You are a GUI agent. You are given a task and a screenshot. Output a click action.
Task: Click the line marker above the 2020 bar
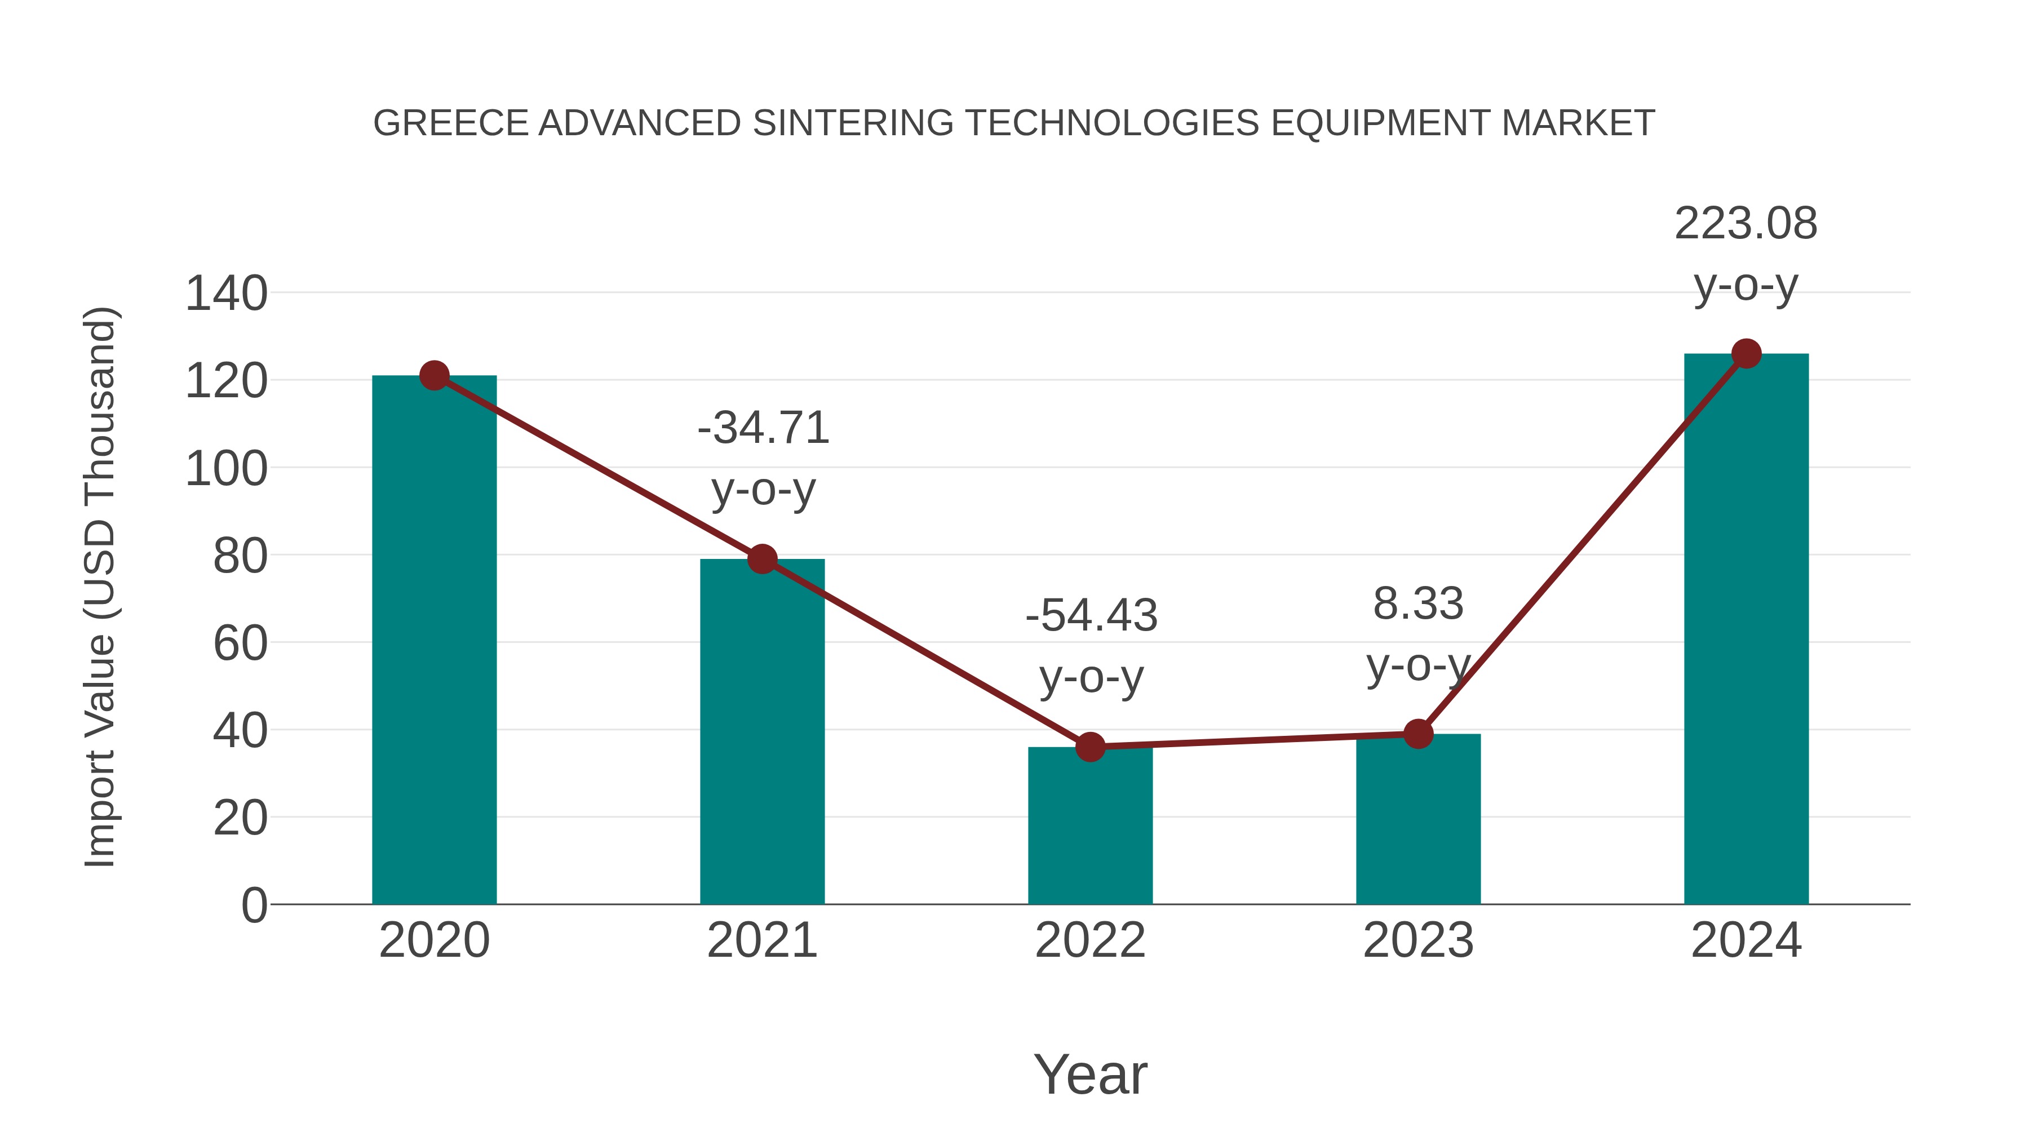pyautogui.click(x=434, y=376)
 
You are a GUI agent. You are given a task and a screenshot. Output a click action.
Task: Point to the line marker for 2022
pyautogui.click(x=1089, y=747)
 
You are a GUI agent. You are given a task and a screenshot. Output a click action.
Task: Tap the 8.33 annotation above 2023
pyautogui.click(x=1418, y=634)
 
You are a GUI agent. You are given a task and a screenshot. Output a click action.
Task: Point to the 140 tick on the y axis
pyautogui.click(x=226, y=294)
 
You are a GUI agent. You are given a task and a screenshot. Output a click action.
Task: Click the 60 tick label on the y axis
pyautogui.click(x=240, y=643)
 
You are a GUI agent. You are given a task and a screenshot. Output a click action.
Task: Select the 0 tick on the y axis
pyautogui.click(x=254, y=905)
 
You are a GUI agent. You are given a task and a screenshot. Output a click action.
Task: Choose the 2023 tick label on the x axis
pyautogui.click(x=1418, y=940)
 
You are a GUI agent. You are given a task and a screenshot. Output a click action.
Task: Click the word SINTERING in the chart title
pyautogui.click(x=853, y=123)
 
